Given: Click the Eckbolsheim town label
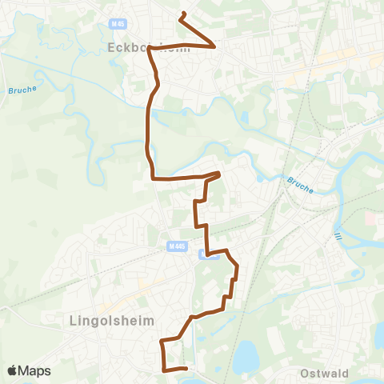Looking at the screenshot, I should pos(136,46).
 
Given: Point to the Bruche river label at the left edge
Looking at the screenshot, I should pos(23,90).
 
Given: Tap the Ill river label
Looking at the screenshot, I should pos(339,238).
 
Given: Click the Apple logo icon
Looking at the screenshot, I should pos(13,370).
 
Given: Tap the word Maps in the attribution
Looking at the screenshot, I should pos(35,370).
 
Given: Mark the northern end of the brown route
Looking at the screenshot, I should pos(183,14).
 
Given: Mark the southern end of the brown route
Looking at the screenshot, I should pos(186,369).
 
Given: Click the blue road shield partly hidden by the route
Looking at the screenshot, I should pos(208,255).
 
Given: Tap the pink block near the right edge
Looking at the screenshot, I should pos(371,218).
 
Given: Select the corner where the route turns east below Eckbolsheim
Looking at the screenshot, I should pos(154,178).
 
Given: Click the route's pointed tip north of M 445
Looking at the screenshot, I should pos(219,172).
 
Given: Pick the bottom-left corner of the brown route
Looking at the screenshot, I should pos(165,370).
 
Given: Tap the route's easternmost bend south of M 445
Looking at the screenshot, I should pos(238,267).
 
